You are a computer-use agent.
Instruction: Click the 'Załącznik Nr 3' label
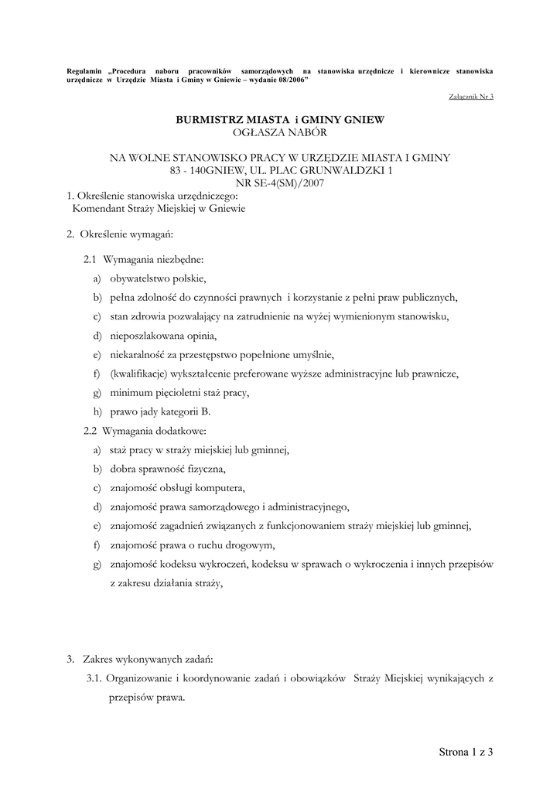pyautogui.click(x=470, y=97)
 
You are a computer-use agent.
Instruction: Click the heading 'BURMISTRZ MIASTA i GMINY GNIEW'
pyautogui.click(x=280, y=120)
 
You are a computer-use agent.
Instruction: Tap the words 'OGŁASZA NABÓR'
pyautogui.click(x=280, y=132)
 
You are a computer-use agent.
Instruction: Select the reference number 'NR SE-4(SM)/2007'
pyautogui.click(x=280, y=183)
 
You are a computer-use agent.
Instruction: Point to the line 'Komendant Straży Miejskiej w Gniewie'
pyautogui.click(x=159, y=209)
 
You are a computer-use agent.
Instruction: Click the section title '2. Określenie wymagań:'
pyautogui.click(x=120, y=234)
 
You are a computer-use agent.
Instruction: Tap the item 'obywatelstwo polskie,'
pyautogui.click(x=159, y=278)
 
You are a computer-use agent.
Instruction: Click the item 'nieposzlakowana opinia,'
pyautogui.click(x=163, y=336)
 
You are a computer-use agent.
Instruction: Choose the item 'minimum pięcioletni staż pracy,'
pyautogui.click(x=179, y=393)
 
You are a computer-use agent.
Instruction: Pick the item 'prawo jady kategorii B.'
pyautogui.click(x=160, y=411)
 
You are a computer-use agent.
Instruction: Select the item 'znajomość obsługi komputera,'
pyautogui.click(x=177, y=488)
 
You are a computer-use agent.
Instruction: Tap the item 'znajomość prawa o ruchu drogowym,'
pyautogui.click(x=193, y=544)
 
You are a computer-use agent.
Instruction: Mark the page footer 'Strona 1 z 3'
pyautogui.click(x=466, y=751)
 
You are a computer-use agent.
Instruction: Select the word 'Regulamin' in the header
pyautogui.click(x=84, y=71)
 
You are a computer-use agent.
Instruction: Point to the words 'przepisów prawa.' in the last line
pyautogui.click(x=146, y=697)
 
